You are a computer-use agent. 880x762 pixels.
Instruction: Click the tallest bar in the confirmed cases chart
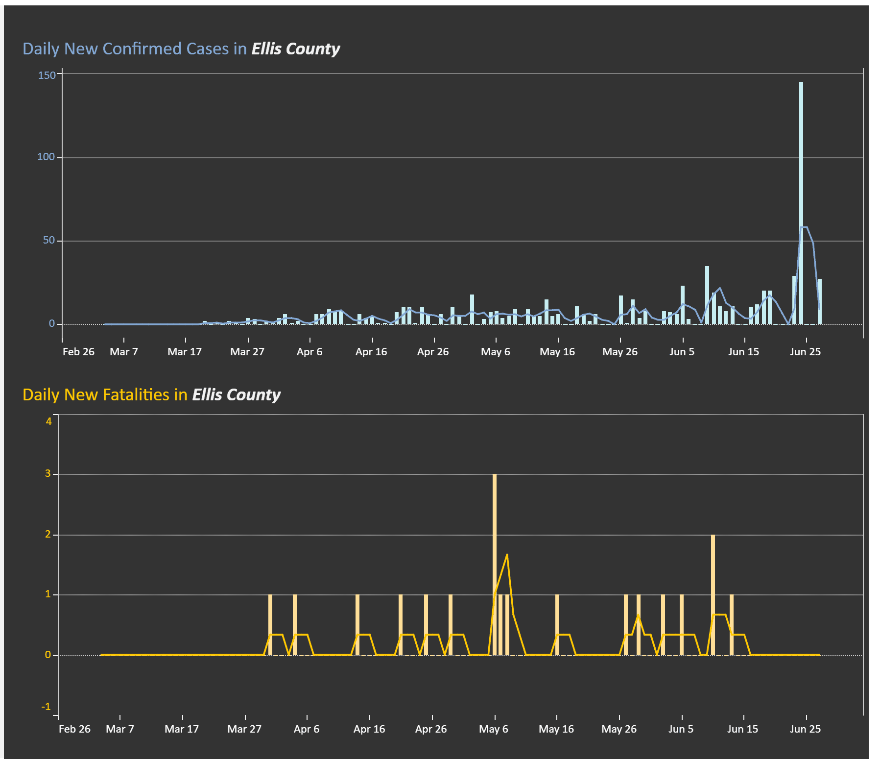[x=801, y=203]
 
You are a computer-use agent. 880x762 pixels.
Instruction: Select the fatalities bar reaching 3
[x=495, y=565]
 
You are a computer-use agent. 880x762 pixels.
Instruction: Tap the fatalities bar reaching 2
[x=713, y=595]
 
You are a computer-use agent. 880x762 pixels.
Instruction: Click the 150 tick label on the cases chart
[x=47, y=75]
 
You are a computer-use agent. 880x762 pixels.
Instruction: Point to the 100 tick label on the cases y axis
[x=46, y=157]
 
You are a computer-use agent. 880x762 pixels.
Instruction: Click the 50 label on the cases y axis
[x=49, y=240]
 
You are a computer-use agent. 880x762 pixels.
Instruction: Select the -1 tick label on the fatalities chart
[x=46, y=707]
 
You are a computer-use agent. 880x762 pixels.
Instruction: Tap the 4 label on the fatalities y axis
[x=48, y=421]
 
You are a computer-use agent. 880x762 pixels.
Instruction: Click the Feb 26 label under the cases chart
[x=78, y=352]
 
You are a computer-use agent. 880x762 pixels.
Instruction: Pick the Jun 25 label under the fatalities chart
[x=805, y=729]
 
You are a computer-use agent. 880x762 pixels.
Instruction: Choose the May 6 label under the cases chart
[x=496, y=352]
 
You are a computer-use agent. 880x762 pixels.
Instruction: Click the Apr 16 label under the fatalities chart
[x=369, y=729]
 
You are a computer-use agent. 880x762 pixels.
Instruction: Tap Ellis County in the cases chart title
[x=295, y=49]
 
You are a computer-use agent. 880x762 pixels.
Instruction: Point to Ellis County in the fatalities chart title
[x=236, y=395]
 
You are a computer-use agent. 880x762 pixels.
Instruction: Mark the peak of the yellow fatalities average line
[x=507, y=554]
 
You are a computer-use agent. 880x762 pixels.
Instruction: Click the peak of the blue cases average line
[x=804, y=227]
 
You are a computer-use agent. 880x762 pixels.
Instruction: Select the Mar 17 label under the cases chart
[x=185, y=352]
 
